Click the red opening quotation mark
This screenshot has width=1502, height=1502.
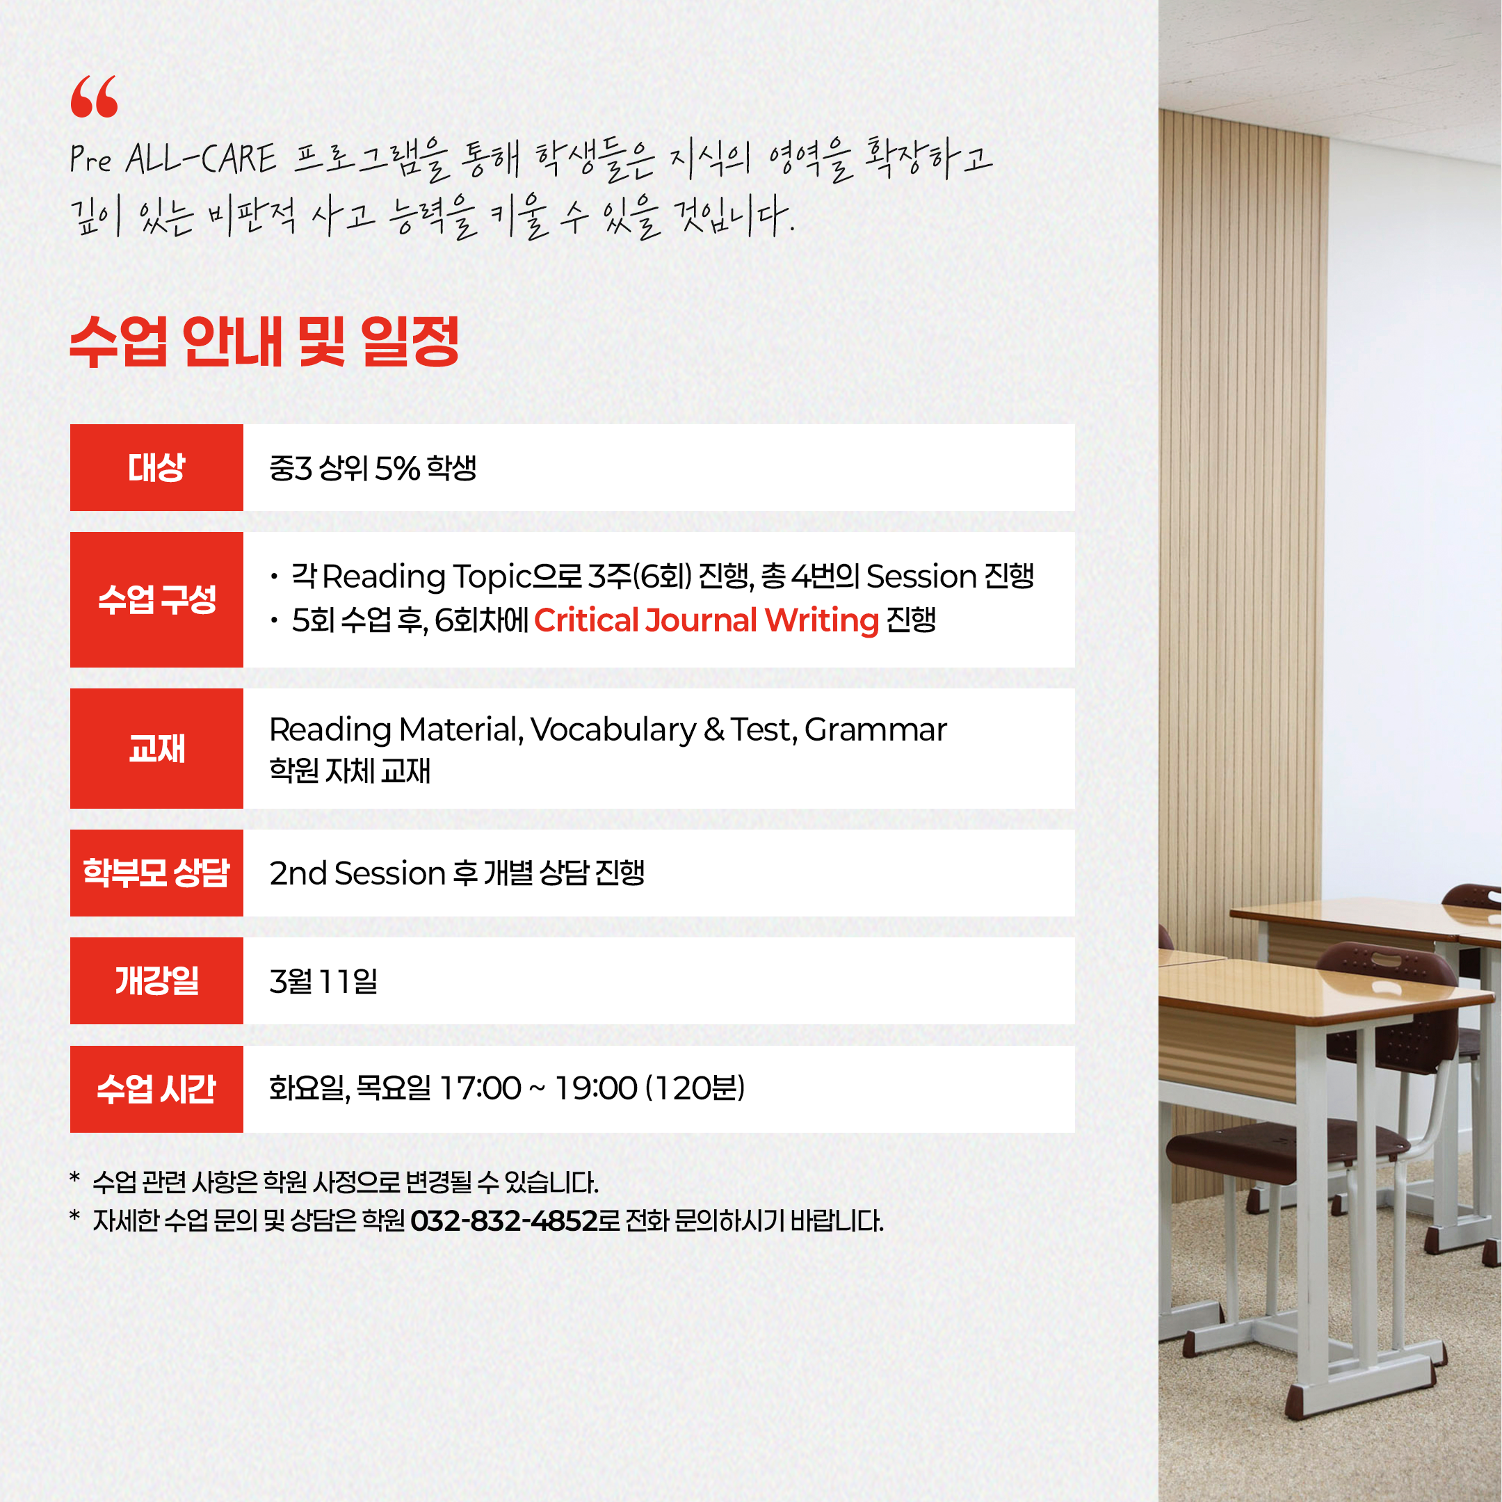[x=94, y=97]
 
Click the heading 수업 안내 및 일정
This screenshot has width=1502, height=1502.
[x=264, y=341]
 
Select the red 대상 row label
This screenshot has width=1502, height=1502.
[x=156, y=467]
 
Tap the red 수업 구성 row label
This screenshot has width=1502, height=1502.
[x=156, y=599]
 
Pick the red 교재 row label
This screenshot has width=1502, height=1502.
[x=156, y=749]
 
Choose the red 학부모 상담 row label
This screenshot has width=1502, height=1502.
[x=156, y=872]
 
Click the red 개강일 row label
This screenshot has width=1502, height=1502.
[x=156, y=980]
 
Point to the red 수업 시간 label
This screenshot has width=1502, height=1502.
[x=156, y=1088]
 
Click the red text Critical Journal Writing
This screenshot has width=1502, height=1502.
[x=706, y=620]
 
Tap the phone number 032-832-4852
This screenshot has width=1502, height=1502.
[x=503, y=1220]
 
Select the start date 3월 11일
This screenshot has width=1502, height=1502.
[x=323, y=981]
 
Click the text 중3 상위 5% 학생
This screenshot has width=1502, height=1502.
[x=373, y=468]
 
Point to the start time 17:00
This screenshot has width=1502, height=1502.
[x=481, y=1088]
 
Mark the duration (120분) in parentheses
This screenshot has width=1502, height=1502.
[x=696, y=1088]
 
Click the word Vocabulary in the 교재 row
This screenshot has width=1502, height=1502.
[x=613, y=730]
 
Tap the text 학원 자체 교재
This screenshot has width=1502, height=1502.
[x=350, y=770]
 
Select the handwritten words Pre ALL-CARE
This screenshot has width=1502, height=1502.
[x=172, y=159]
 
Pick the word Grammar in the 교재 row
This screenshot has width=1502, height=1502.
[x=875, y=730]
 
